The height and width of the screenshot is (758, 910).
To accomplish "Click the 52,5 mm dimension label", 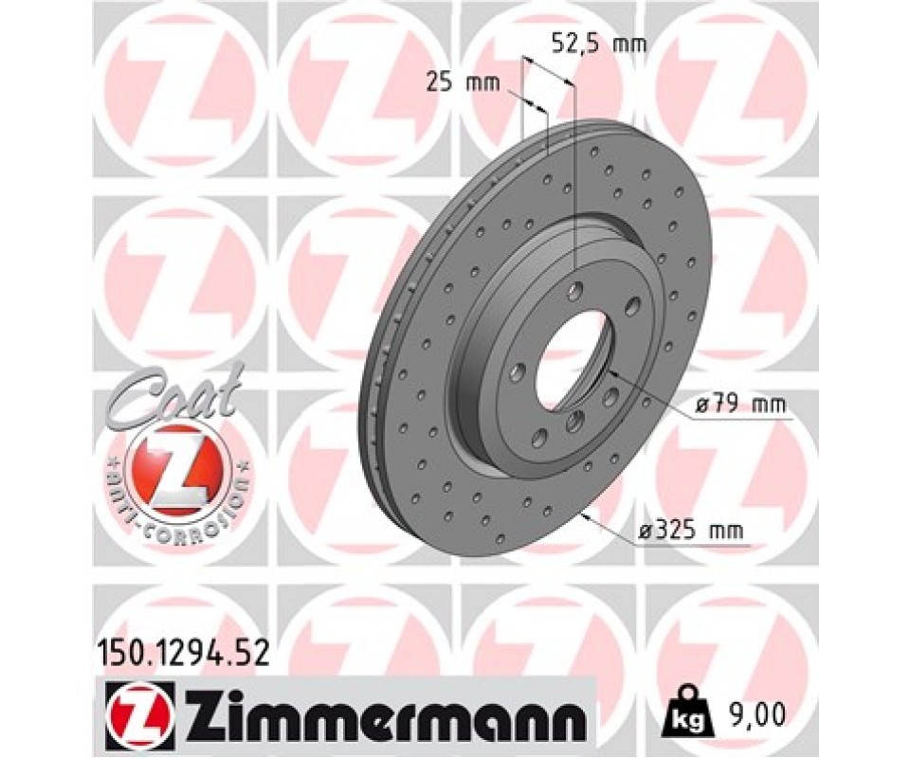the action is coord(598,45).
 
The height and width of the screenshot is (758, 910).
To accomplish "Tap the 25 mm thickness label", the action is coord(464,83).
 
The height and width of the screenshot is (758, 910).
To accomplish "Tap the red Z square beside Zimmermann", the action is coord(137,711).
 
